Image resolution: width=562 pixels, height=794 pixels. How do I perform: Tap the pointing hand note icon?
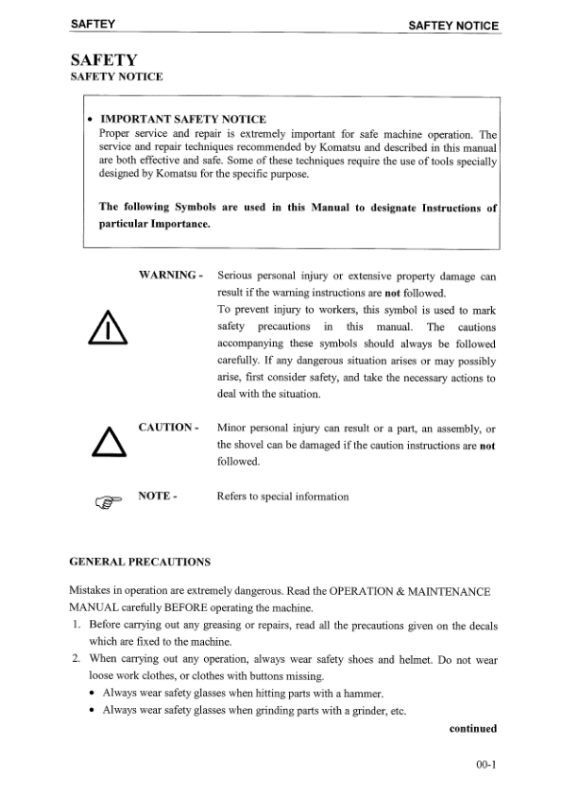coord(106,503)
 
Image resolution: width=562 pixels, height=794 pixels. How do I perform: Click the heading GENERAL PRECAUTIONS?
coord(140,563)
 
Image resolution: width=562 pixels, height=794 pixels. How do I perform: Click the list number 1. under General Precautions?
coord(77,625)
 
